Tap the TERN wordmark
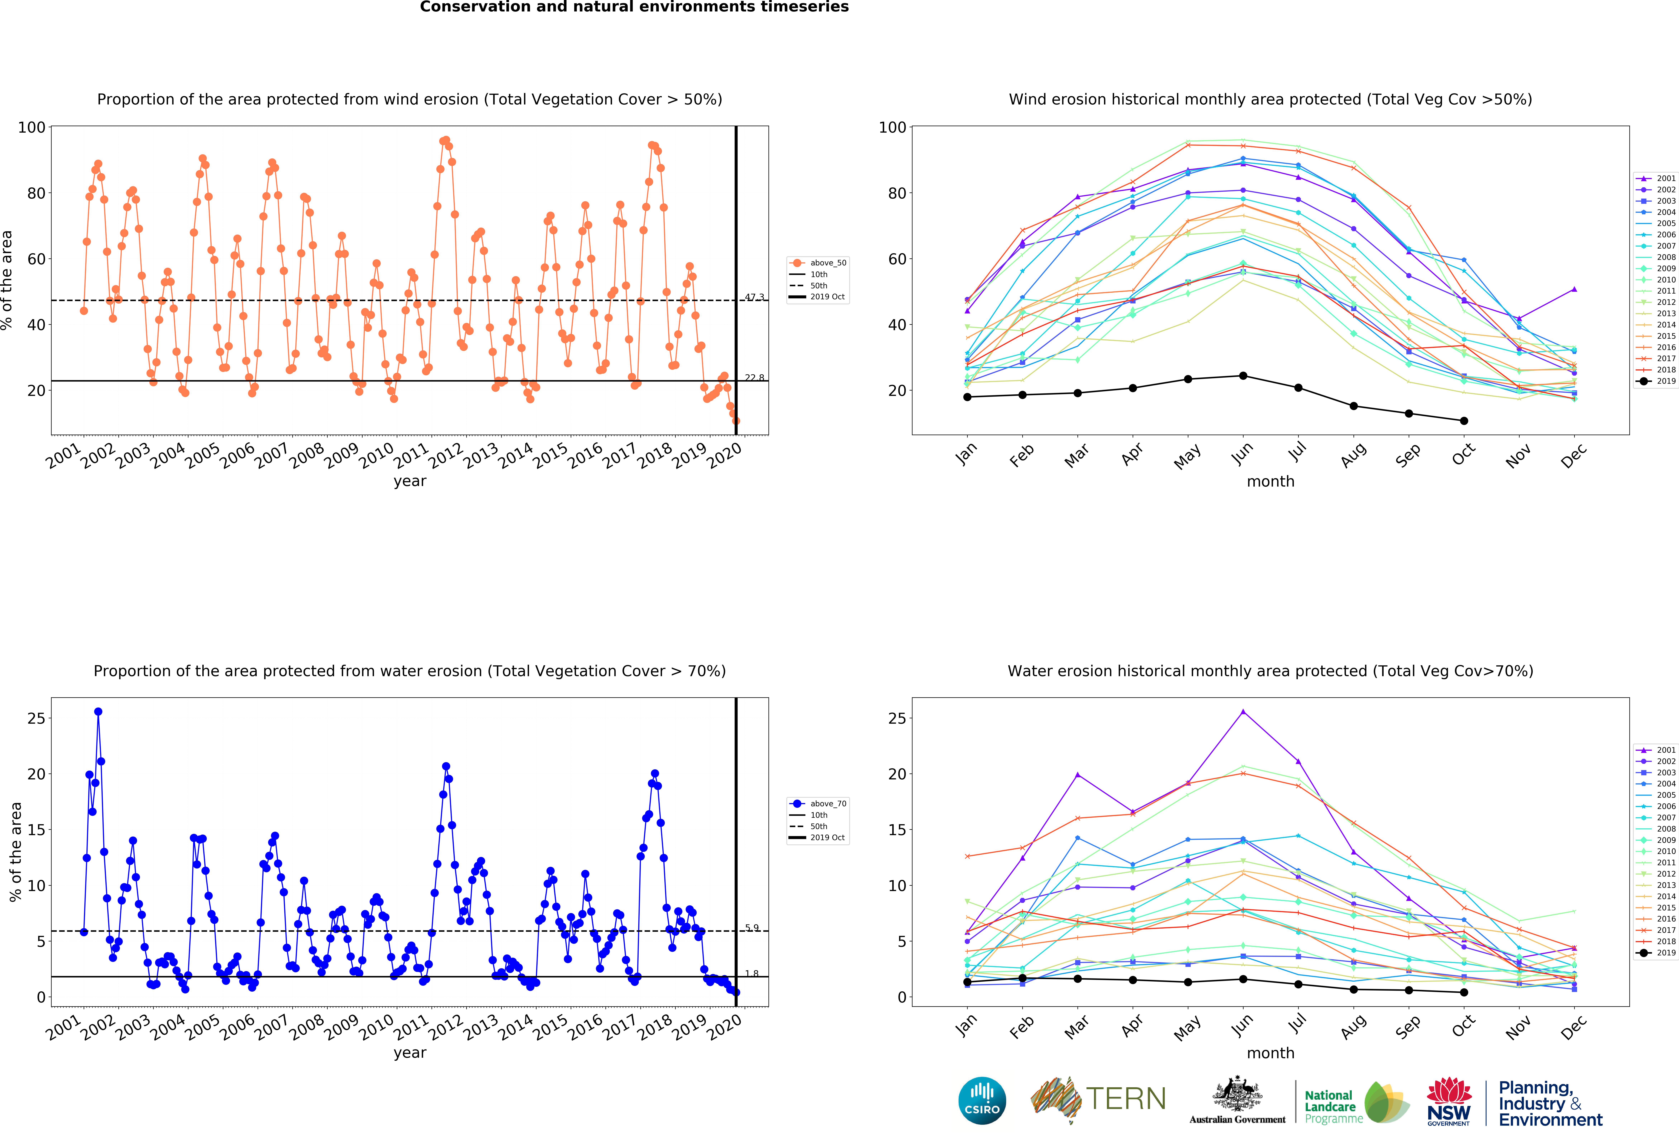pos(1126,1099)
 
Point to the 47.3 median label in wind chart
pos(754,297)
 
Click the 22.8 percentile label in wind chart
pos(754,377)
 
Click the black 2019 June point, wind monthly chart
pos(1243,376)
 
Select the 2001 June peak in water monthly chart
pos(1243,711)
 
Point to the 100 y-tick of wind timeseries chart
pos(32,127)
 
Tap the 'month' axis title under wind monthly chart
pos(1270,481)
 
